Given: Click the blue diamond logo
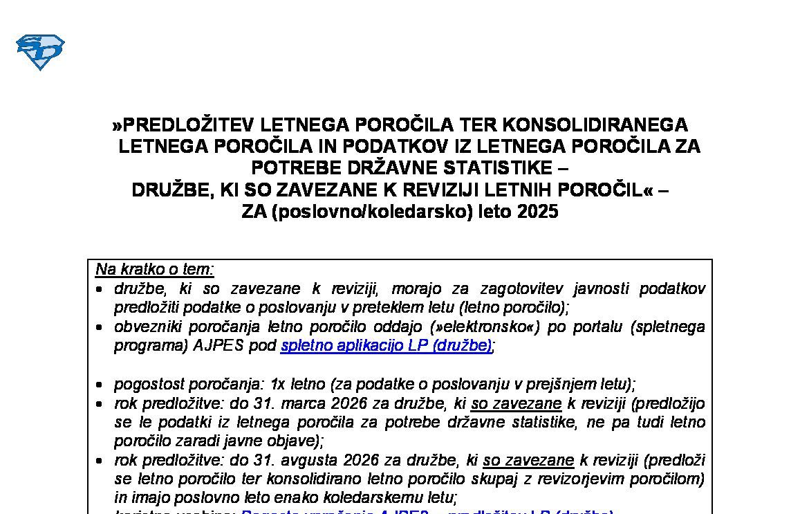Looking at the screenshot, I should [x=40, y=52].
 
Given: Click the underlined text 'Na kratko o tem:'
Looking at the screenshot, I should [x=155, y=269].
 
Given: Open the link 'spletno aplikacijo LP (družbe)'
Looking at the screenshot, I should [x=387, y=345].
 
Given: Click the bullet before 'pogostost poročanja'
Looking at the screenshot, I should [x=101, y=385].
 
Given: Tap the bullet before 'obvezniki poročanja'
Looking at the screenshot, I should [x=101, y=327].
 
